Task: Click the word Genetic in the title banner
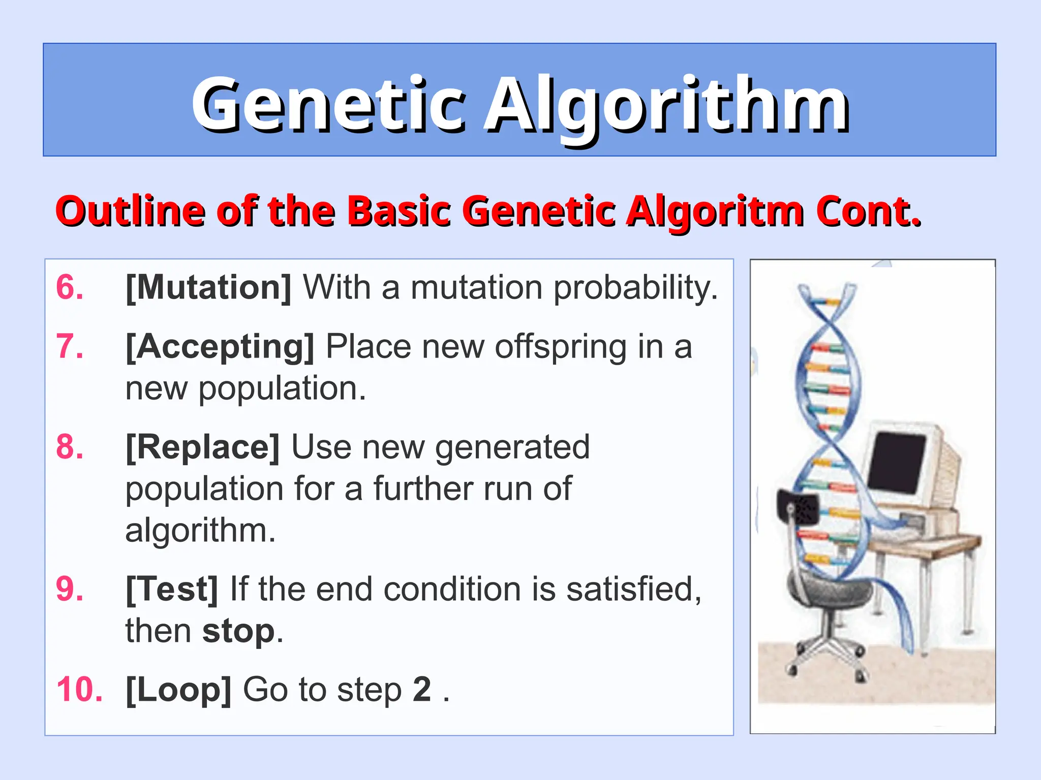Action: tap(328, 104)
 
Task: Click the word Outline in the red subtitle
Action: tap(130, 211)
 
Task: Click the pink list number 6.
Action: tap(70, 287)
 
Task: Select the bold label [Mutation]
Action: tap(208, 287)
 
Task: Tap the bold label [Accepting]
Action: tap(220, 347)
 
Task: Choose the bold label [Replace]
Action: tap(202, 447)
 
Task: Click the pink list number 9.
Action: tap(70, 590)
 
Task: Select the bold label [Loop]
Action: tap(178, 690)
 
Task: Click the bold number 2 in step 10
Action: tap(422, 690)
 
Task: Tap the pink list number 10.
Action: tap(79, 690)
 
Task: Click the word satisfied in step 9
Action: tap(633, 590)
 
